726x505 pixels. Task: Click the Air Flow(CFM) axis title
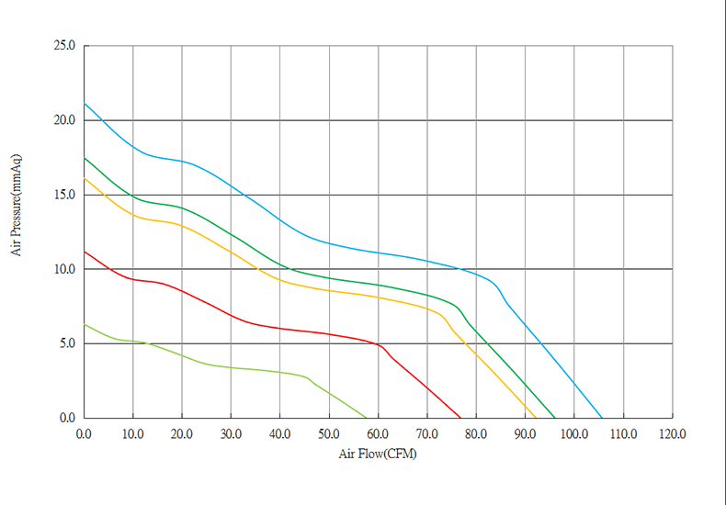378,453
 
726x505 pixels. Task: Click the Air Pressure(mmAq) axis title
17,204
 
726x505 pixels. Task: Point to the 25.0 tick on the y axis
67,46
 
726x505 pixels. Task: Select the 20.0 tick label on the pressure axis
67,120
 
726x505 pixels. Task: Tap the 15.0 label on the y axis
67,195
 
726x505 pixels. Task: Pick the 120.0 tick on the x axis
673,431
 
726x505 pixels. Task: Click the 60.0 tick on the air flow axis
378,431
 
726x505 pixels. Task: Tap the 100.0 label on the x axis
574,431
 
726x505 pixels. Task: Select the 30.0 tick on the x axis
231,431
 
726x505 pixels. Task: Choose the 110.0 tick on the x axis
623,431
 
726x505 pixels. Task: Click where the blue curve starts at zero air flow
85,104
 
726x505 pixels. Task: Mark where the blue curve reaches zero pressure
602,418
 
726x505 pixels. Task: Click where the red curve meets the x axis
460,418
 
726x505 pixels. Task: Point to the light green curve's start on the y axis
85,324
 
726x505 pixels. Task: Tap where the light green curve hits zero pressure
367,418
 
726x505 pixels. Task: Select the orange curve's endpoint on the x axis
537,418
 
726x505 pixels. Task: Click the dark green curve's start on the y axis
85,158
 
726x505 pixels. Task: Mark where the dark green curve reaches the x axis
555,418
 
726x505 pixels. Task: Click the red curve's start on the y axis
85,252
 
